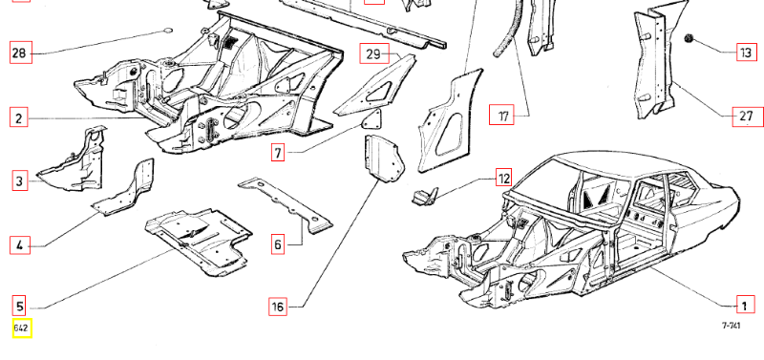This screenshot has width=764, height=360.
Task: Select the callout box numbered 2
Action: coord(18,118)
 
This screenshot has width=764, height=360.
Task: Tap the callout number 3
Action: coord(19,181)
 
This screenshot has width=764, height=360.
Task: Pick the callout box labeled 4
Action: coord(19,244)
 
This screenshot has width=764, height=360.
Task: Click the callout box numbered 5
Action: coord(19,306)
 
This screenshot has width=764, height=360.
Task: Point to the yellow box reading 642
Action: coord(22,328)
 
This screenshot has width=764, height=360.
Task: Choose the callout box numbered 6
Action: coord(278,244)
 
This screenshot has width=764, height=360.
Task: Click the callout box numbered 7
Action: coord(278,153)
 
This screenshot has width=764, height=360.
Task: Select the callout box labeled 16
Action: coord(278,307)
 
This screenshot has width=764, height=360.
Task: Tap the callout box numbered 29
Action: coord(374,53)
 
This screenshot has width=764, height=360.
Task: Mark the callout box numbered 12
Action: coord(504,178)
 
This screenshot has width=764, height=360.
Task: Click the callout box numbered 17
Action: coord(501,116)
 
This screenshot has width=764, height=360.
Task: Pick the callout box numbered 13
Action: coord(747,53)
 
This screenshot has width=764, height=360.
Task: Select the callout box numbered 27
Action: coord(748,116)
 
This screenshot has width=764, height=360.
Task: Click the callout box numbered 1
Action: coord(744,306)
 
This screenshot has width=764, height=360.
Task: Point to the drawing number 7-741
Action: coord(731,326)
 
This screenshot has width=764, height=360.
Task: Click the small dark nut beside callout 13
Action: coord(690,39)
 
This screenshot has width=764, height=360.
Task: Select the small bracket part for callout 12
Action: coord(425,197)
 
